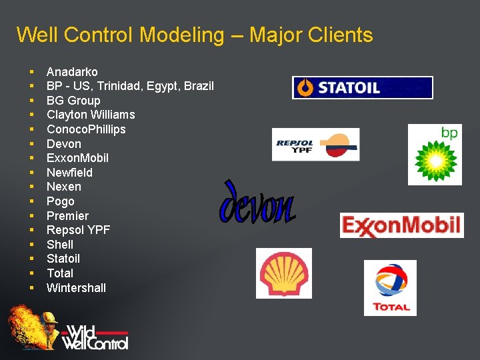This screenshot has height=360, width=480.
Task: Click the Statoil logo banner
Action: point(362,87)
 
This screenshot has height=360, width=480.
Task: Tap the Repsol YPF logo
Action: point(316,145)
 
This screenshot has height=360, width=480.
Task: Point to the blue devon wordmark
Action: point(257,203)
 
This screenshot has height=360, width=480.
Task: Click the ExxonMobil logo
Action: point(401,225)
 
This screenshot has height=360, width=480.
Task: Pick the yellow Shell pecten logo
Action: point(284,273)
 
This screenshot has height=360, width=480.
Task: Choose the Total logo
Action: point(390,287)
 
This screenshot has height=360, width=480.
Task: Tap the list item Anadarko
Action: point(72,71)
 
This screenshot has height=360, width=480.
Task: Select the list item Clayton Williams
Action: point(91,115)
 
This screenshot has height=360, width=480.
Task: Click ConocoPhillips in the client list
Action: point(86,129)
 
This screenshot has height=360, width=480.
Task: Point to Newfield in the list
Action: point(69,173)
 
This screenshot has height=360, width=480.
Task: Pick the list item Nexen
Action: point(64,187)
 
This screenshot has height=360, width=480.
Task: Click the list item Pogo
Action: point(61,201)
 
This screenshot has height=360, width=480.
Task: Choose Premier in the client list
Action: point(67,216)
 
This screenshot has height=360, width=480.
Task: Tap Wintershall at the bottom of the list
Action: point(76,288)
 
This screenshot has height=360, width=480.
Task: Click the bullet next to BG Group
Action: point(31,101)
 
